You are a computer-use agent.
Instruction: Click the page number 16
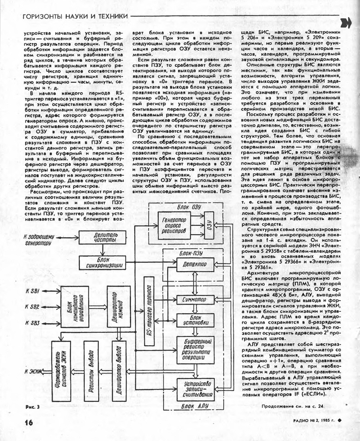pyautogui.click(x=28, y=422)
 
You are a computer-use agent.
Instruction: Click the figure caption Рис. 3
pyautogui.click(x=32, y=407)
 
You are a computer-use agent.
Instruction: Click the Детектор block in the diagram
pyautogui.click(x=195, y=265)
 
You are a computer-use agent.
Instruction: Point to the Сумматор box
pyautogui.click(x=195, y=299)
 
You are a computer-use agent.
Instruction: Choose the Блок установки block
pyautogui.click(x=195, y=320)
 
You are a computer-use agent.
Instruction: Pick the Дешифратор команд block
pyautogui.click(x=119, y=306)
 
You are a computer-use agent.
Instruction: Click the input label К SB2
pyautogui.click(x=32, y=307)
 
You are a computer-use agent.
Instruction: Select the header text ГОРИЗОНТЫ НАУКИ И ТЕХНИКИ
pyautogui.click(x=75, y=16)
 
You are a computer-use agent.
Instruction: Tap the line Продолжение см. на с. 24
pyautogui.click(x=292, y=406)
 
